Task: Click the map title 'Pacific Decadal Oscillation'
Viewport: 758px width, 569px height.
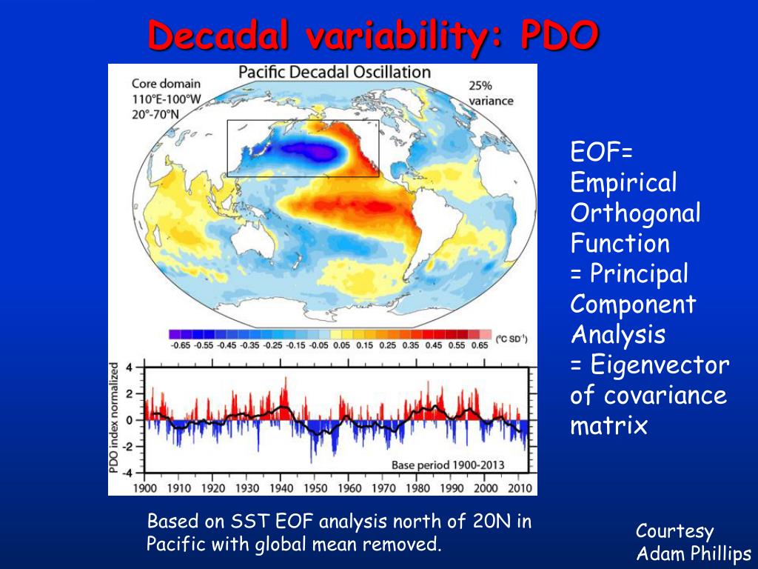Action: coord(334,73)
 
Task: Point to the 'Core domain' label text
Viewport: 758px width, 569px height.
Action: coord(155,84)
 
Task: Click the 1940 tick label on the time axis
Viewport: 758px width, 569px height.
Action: coord(281,488)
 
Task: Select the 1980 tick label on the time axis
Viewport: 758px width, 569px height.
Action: coord(417,488)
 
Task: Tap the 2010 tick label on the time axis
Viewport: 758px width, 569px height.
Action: coord(520,488)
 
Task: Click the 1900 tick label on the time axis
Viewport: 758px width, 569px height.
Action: coord(145,488)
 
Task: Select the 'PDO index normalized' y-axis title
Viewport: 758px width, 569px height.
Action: coord(115,419)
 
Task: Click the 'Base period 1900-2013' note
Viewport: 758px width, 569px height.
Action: coord(448,465)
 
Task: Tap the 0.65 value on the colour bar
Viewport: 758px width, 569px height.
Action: coord(480,345)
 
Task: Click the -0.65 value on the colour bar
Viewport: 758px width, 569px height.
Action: coord(180,345)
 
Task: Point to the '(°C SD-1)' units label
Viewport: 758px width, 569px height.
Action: coord(511,339)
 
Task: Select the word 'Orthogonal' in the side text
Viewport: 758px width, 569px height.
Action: coord(635,213)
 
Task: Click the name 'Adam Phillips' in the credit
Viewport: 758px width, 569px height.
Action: coord(694,553)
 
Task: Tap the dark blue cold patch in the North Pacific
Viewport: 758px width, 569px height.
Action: coord(311,151)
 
